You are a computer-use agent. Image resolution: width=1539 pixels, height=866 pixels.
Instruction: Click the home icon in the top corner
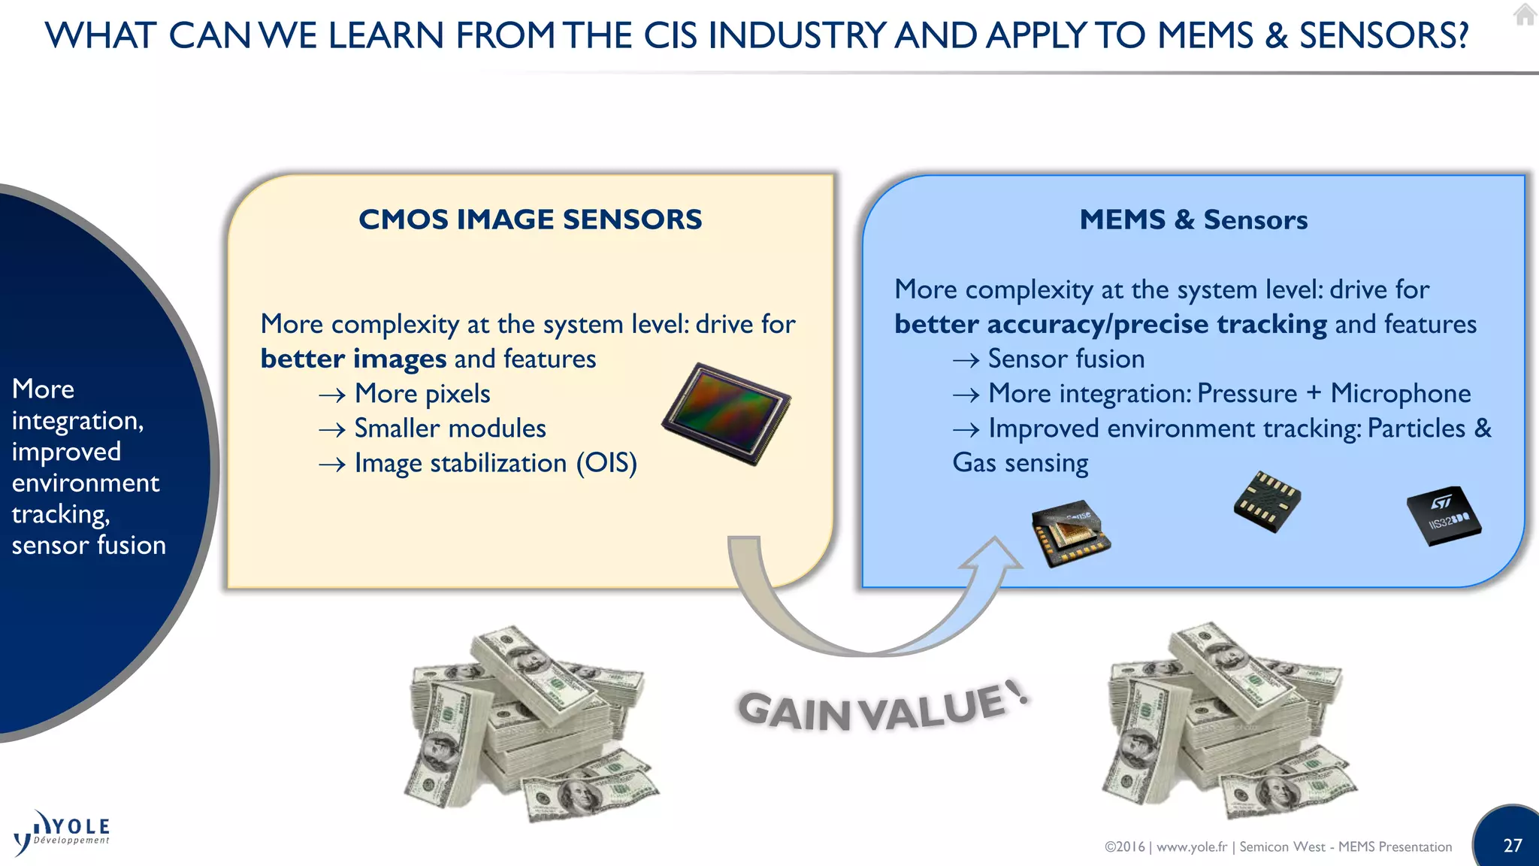coord(1525,14)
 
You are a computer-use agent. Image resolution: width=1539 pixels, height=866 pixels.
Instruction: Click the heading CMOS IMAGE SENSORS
coord(530,220)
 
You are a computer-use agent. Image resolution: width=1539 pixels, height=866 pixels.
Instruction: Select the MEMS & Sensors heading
coord(1193,220)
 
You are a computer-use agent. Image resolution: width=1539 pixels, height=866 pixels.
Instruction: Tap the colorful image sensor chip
coord(726,413)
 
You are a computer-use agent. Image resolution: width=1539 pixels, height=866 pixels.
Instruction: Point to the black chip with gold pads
coord(1267,501)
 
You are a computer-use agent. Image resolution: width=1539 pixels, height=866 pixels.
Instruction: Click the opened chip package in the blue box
coord(1070,533)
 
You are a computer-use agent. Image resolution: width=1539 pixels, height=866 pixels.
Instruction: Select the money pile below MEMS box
coord(1229,722)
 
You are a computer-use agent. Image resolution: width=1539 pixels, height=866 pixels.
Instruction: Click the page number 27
coord(1512,846)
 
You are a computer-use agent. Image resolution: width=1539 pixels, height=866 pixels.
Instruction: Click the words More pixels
coord(422,393)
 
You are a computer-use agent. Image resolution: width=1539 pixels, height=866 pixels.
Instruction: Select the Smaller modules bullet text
coord(449,428)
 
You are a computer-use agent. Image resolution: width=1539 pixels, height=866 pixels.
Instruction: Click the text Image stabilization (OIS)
coord(495,463)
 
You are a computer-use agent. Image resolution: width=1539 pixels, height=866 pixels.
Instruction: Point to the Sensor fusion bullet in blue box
coord(1066,359)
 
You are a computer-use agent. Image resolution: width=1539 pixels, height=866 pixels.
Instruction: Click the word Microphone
coord(1400,393)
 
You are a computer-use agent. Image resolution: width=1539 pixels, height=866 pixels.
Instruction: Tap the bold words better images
coord(353,359)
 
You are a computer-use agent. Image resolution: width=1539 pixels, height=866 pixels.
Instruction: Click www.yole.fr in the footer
coord(1191,847)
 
